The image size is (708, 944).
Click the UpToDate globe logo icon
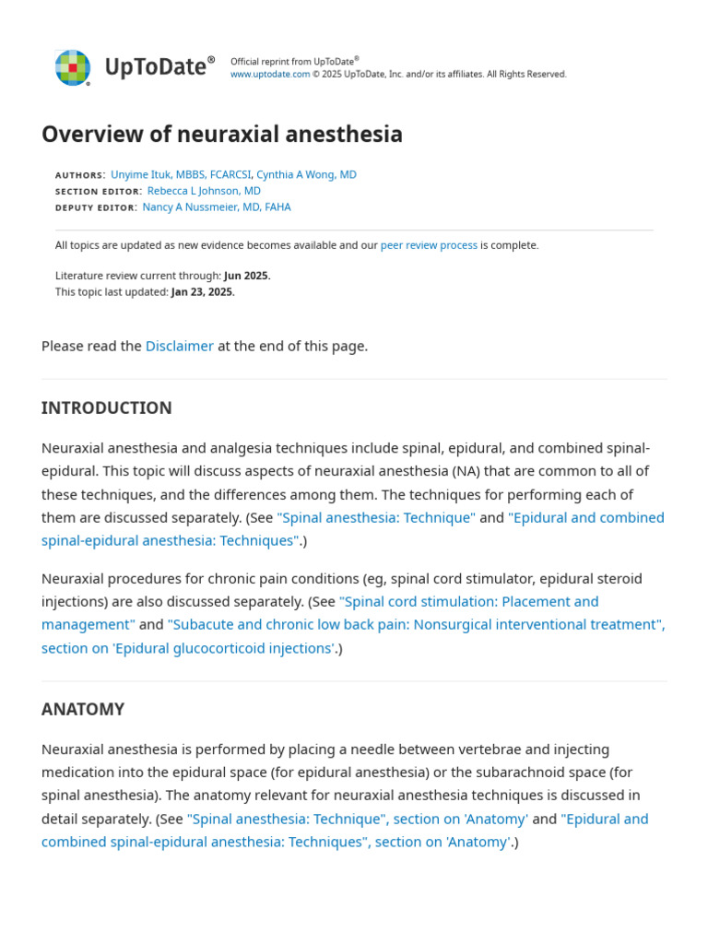(x=72, y=67)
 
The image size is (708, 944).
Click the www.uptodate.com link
(x=269, y=75)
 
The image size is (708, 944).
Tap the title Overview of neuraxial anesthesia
(x=222, y=135)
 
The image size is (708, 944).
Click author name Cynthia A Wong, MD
(x=306, y=174)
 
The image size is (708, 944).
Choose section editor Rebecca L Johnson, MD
(x=204, y=191)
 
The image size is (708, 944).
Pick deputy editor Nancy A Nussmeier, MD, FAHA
(x=217, y=207)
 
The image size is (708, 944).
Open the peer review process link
(x=429, y=245)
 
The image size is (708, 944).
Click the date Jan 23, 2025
(x=203, y=292)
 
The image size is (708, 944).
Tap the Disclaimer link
(x=180, y=346)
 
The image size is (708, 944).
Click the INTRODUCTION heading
(x=106, y=407)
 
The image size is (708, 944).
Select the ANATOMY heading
(x=83, y=709)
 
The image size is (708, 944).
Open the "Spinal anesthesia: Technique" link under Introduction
(x=376, y=517)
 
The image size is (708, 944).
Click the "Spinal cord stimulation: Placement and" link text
(x=469, y=601)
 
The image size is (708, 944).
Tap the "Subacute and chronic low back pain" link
(x=416, y=624)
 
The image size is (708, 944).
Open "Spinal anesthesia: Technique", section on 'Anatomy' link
(x=358, y=819)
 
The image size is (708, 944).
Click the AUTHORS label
(x=80, y=175)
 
